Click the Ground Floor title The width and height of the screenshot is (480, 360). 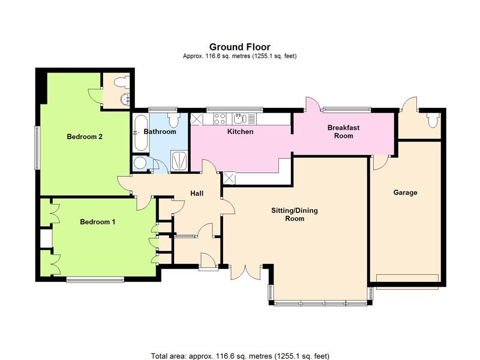239,47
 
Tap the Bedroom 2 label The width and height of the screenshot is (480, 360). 85,137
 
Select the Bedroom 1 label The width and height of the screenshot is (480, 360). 97,221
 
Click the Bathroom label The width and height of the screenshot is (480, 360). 160,131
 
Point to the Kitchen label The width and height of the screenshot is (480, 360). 241,131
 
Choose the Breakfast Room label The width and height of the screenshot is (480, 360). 343,131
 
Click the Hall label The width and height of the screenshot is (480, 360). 197,193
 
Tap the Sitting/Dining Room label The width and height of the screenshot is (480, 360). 295,214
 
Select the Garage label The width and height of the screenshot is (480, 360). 406,193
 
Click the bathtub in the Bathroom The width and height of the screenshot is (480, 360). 141,132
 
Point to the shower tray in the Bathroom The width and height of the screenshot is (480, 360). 179,160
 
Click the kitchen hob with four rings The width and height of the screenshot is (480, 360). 220,119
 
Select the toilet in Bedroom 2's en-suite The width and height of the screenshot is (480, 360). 121,82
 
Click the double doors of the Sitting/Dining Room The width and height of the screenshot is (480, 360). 245,272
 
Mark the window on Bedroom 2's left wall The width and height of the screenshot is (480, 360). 37,148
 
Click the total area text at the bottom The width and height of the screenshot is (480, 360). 240,356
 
